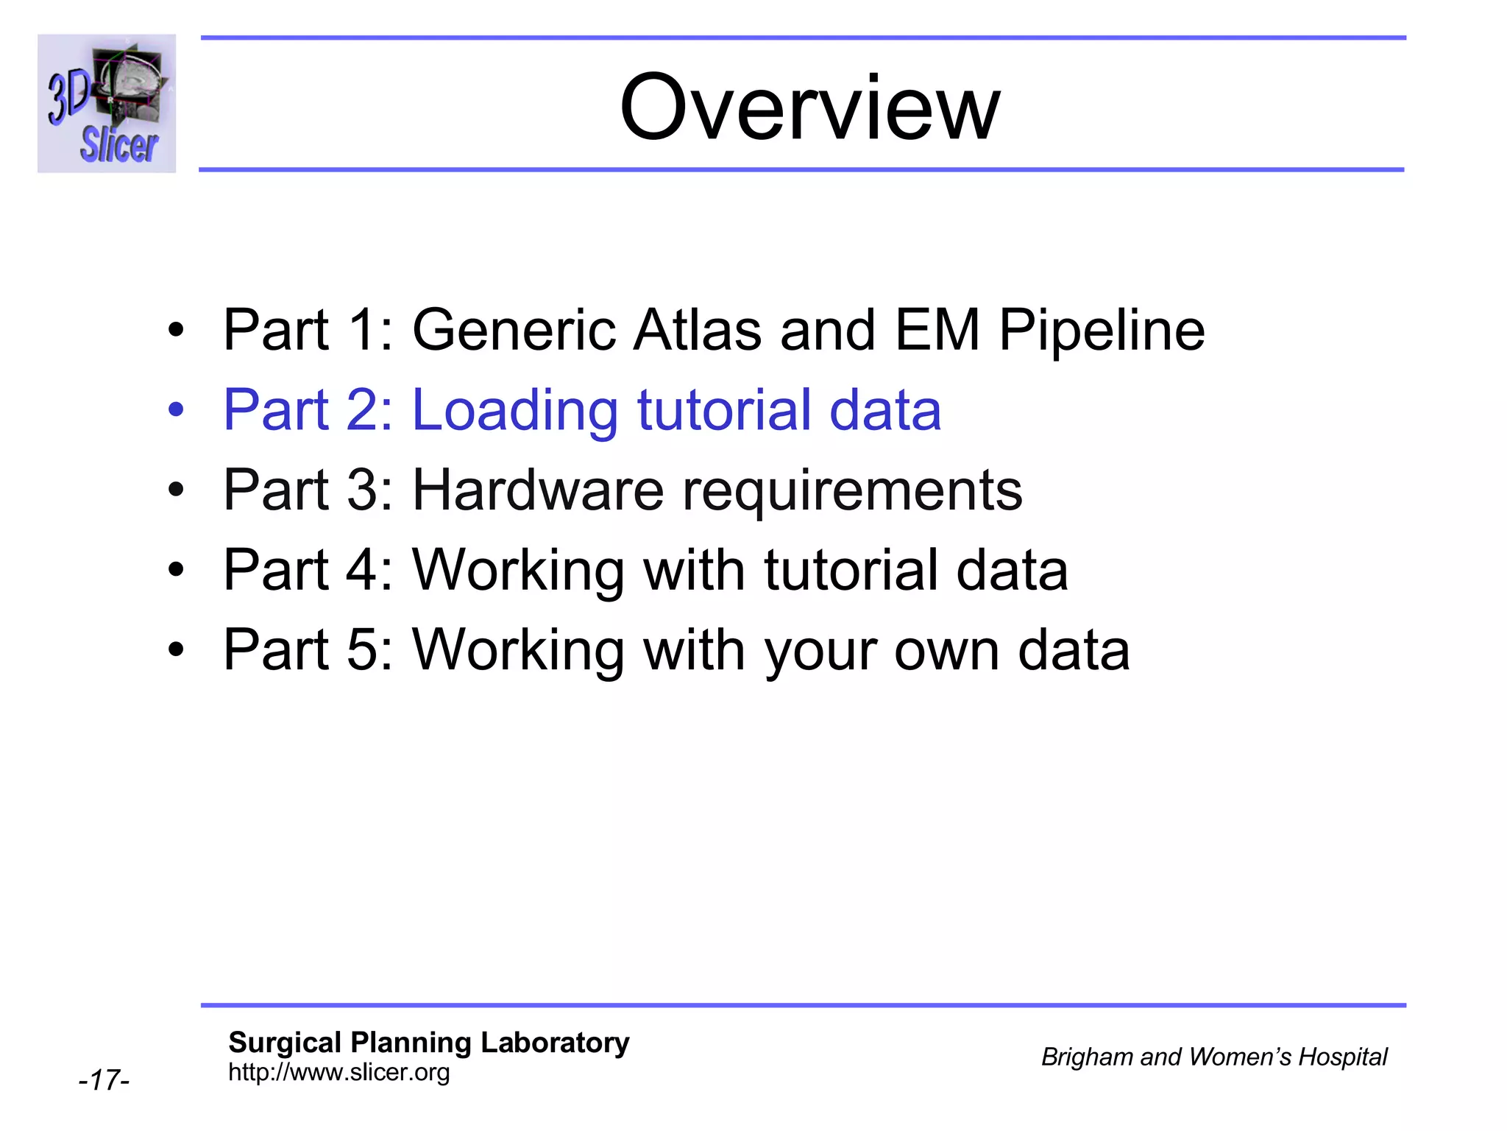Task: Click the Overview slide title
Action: coord(809,108)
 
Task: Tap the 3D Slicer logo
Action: coord(107,104)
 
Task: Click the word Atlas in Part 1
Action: coord(698,330)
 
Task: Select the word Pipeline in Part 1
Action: coord(1102,331)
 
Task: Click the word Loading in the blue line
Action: coord(514,411)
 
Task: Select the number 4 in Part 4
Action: coord(361,570)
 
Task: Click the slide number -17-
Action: coord(104,1080)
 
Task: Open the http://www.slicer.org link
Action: coord(338,1072)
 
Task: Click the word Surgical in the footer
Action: coord(285,1043)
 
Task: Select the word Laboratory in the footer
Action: coord(555,1043)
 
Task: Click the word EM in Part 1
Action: coord(937,330)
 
